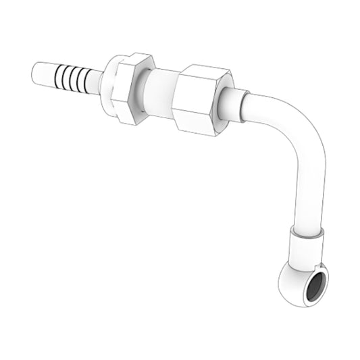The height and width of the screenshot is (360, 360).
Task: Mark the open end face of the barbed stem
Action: pyautogui.click(x=35, y=70)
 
